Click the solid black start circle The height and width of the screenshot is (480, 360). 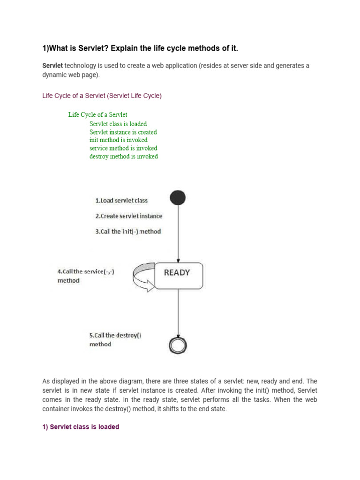178,198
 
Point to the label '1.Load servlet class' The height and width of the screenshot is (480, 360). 121,201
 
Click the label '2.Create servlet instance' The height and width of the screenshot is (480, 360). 129,216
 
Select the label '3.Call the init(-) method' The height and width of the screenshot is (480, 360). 128,232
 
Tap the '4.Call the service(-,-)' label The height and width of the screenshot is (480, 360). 85,272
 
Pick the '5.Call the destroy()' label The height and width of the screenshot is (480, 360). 115,336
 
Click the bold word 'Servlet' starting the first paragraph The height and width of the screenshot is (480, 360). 52,66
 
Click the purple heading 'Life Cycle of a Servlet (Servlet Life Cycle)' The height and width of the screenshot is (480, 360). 102,96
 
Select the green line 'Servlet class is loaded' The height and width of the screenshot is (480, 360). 118,124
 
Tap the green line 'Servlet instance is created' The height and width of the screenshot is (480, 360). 123,132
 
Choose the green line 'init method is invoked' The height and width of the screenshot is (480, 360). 119,140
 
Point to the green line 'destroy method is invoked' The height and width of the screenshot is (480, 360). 124,157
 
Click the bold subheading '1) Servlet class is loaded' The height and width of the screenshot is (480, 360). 81,427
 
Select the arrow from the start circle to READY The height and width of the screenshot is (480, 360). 178,234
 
